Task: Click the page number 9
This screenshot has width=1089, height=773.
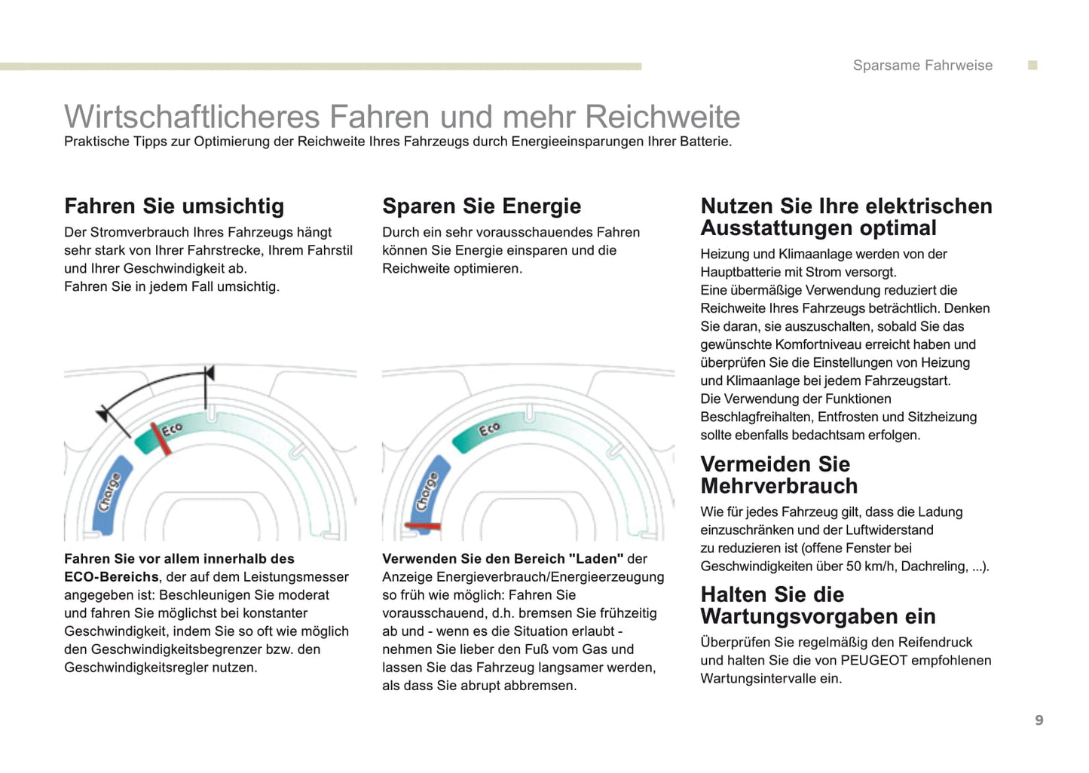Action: click(x=1039, y=720)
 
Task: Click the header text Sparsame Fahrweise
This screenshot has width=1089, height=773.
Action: click(x=922, y=66)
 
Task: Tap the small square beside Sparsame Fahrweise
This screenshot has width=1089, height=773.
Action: click(x=1033, y=66)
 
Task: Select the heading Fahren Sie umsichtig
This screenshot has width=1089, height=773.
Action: click(x=174, y=206)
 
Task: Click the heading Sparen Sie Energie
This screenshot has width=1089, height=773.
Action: click(x=482, y=206)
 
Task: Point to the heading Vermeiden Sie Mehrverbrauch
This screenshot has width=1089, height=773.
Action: click(x=779, y=475)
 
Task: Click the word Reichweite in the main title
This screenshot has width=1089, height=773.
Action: click(x=662, y=117)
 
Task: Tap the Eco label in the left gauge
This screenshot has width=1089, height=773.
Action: click(x=173, y=429)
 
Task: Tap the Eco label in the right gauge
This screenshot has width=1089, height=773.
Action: click(x=489, y=429)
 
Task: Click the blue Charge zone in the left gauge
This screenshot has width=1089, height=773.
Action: click(x=110, y=493)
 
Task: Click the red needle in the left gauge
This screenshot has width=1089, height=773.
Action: click(x=161, y=438)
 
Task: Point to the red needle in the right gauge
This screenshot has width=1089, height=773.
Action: click(x=423, y=525)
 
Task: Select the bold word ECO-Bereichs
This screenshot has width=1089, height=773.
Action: click(x=112, y=577)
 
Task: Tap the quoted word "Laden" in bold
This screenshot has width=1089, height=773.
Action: click(x=595, y=559)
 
